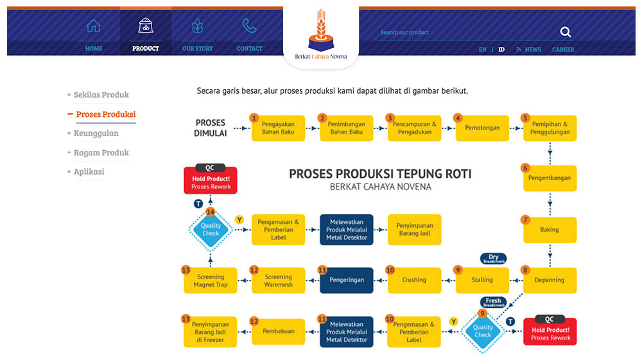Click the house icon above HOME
[94, 26]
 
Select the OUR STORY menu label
[198, 49]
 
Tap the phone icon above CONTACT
[249, 26]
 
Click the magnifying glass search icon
[565, 32]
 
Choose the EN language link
[483, 49]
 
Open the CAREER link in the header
[563, 49]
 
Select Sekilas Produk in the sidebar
[101, 95]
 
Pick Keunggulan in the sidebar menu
[96, 133]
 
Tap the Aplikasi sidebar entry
[89, 172]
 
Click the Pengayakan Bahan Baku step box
[278, 128]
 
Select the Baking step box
[550, 230]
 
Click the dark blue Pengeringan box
[347, 280]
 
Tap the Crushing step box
[414, 280]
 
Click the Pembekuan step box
[278, 332]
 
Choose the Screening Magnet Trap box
[211, 280]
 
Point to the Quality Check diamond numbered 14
[211, 229]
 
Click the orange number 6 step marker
[525, 168]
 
